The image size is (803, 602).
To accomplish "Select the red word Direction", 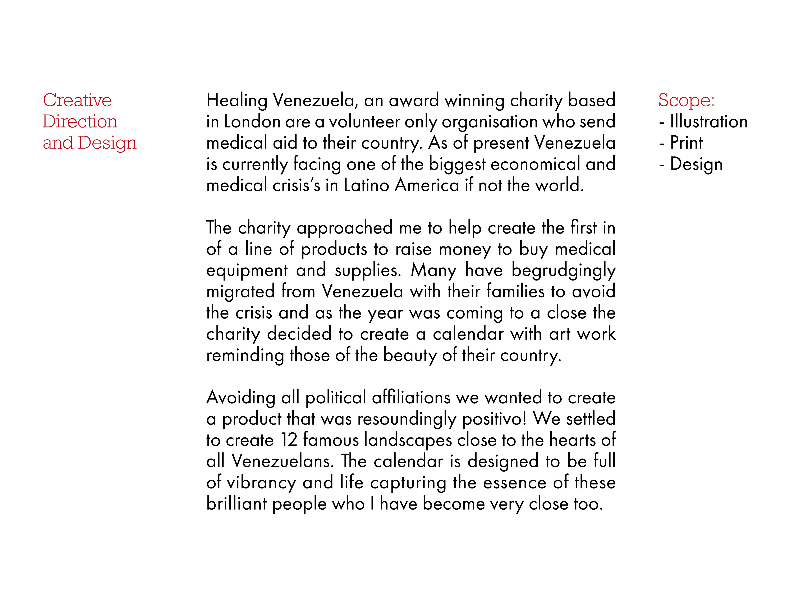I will (80, 122).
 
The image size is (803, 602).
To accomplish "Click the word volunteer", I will (364, 122).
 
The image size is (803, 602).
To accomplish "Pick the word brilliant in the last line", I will (236, 504).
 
